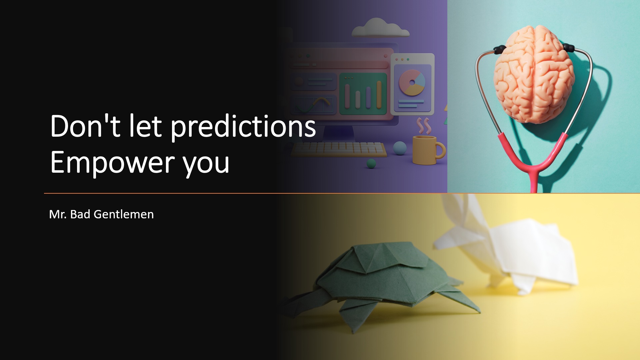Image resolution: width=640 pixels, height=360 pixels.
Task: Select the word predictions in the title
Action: click(243, 127)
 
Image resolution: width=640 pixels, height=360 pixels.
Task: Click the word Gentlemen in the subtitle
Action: click(124, 214)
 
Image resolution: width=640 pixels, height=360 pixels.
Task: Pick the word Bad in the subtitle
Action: click(80, 214)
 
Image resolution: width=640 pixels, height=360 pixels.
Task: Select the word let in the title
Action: click(145, 126)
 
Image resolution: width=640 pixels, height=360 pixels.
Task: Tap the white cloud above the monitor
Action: click(380, 28)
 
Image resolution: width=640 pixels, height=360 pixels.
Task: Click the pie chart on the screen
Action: click(412, 82)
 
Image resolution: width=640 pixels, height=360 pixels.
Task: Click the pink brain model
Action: click(534, 74)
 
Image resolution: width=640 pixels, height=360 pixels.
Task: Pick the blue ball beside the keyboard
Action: click(400, 148)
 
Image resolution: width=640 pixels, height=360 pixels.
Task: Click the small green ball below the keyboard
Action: click(371, 163)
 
